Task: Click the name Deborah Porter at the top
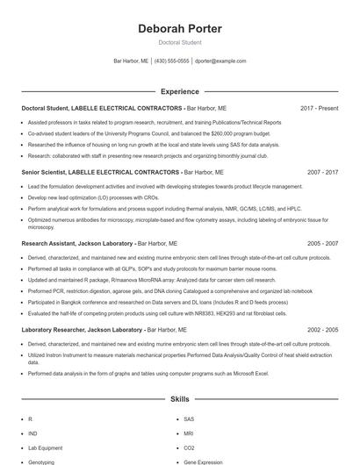(179, 29)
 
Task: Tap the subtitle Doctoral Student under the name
(179, 42)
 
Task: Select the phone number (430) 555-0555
(171, 61)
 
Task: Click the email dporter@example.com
(220, 61)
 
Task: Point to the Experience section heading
(179, 91)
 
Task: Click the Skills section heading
(179, 399)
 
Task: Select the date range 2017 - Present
(319, 108)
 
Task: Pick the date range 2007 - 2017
(322, 173)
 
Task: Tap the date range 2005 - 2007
(322, 242)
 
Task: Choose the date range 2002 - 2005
(322, 330)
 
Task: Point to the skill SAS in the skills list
(189, 419)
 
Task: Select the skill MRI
(189, 433)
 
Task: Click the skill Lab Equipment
(45, 447)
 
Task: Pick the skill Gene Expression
(204, 461)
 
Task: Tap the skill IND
(32, 433)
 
